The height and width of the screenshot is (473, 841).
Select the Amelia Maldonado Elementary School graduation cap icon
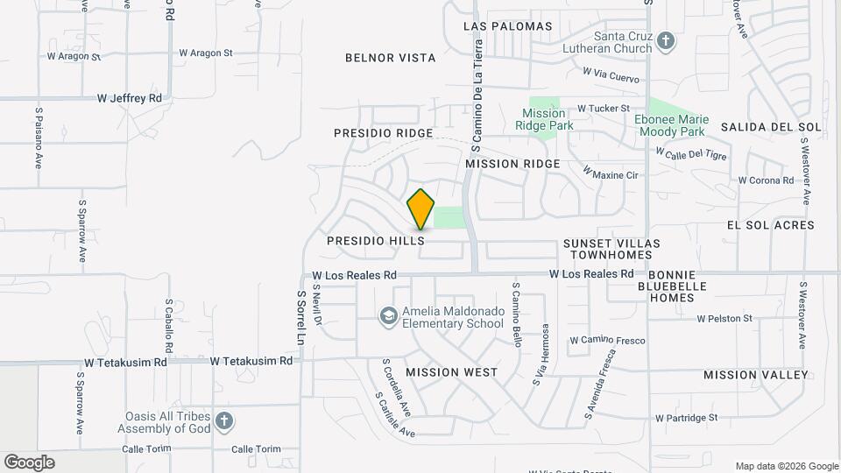click(x=388, y=315)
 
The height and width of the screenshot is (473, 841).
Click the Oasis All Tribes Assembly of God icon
click(x=223, y=421)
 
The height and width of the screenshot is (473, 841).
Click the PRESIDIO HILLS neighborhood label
click(x=375, y=240)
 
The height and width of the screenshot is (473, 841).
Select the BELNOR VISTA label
click(x=390, y=58)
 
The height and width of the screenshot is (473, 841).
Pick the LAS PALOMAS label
click(x=508, y=26)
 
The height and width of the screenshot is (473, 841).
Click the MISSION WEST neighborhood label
click(x=451, y=372)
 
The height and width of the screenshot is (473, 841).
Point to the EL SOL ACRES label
click(x=770, y=225)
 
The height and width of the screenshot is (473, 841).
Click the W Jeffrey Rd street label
click(x=129, y=99)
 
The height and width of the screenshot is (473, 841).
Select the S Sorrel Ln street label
click(x=300, y=318)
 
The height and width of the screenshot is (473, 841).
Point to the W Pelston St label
click(x=724, y=319)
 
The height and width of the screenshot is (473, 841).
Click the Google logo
click(x=29, y=462)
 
